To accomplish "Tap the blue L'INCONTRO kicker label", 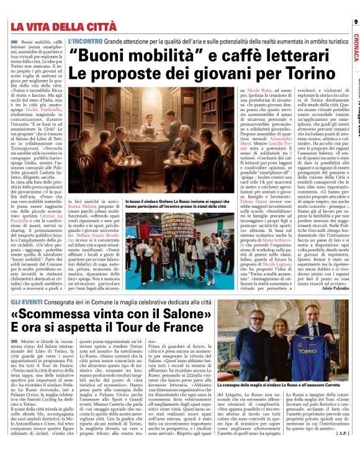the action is tap(86, 41).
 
